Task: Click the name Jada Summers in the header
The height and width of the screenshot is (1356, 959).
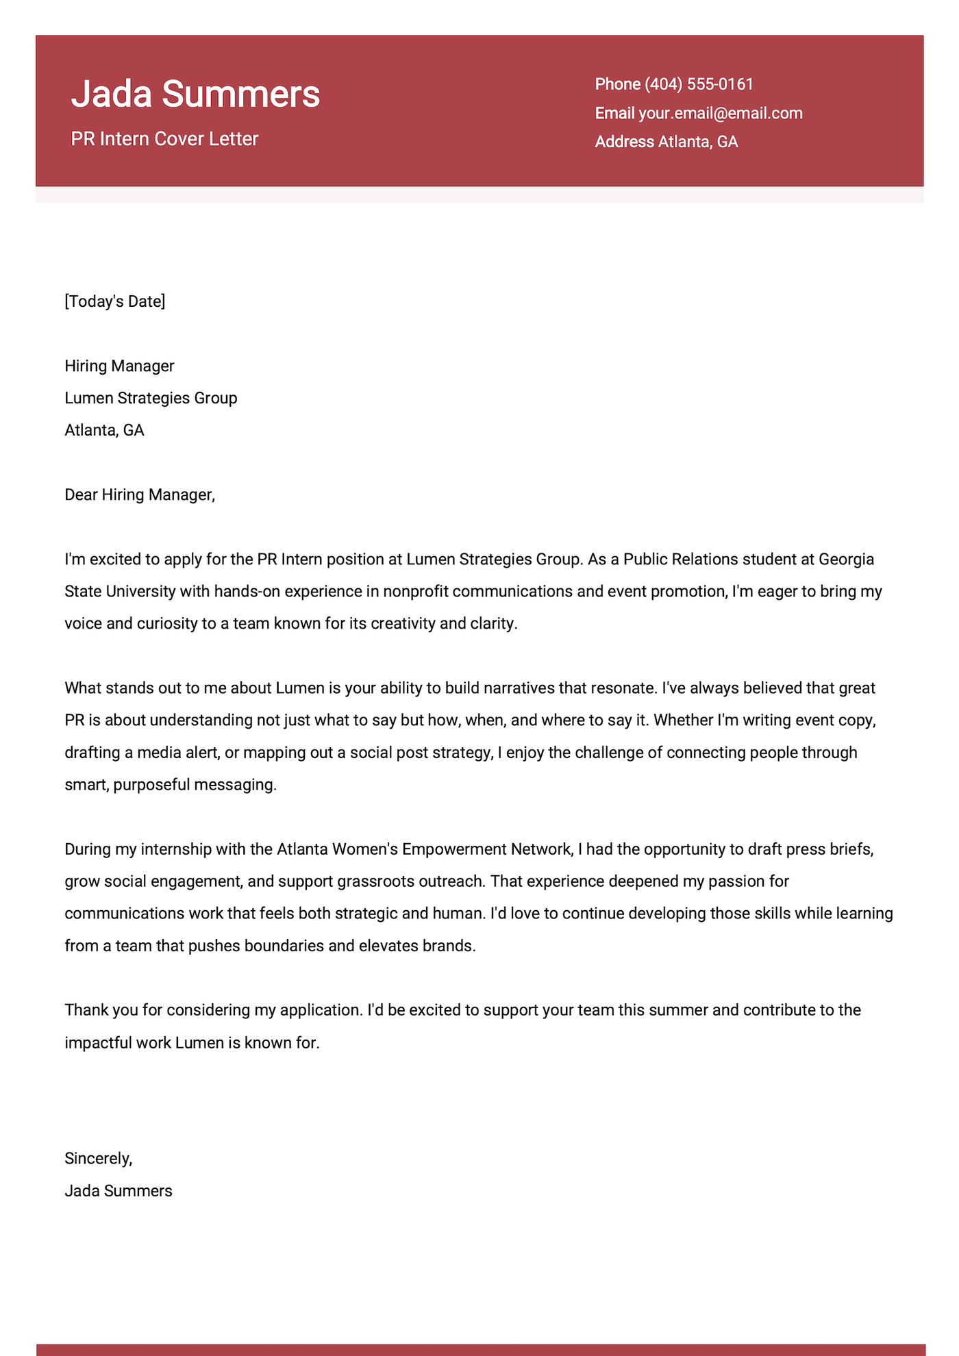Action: pyautogui.click(x=195, y=94)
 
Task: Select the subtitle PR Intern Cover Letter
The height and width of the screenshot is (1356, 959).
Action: pyautogui.click(x=164, y=139)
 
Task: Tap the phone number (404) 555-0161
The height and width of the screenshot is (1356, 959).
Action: pyautogui.click(x=699, y=84)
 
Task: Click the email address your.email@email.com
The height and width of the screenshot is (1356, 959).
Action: pyautogui.click(x=720, y=113)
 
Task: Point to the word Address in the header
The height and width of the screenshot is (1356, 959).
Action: pyautogui.click(x=624, y=142)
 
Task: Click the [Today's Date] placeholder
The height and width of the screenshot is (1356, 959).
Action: pyautogui.click(x=115, y=301)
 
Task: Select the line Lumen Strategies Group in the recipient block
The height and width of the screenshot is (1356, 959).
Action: pyautogui.click(x=151, y=398)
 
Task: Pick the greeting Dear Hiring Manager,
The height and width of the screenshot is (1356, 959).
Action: pyautogui.click(x=140, y=494)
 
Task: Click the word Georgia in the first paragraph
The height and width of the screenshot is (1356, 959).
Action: pyautogui.click(x=847, y=560)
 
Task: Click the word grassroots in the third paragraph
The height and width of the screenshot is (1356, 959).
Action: pyautogui.click(x=374, y=881)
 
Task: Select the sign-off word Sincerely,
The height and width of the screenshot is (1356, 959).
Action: pyautogui.click(x=98, y=1159)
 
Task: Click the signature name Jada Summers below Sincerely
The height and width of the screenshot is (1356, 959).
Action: pyautogui.click(x=119, y=1191)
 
